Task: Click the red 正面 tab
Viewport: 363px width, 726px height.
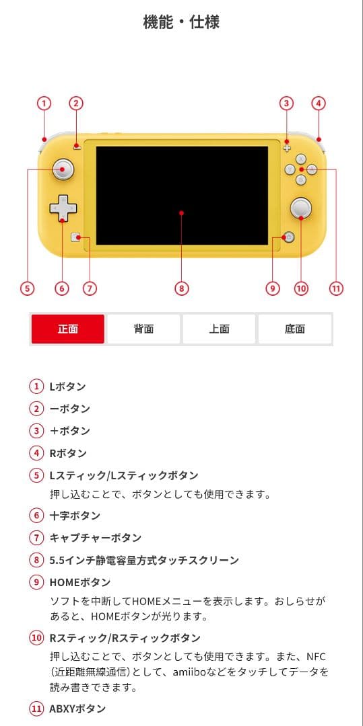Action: [x=68, y=329]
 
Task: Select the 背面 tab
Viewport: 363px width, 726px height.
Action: [x=143, y=329]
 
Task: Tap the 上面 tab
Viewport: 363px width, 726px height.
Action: [x=219, y=329]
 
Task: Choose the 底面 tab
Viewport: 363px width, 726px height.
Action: [x=295, y=329]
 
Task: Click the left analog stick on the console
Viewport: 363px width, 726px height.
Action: [x=63, y=169]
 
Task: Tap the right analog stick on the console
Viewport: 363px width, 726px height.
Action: [x=300, y=208]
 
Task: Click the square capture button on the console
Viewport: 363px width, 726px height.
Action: [x=76, y=237]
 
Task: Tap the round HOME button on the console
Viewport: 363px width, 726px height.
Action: [x=289, y=237]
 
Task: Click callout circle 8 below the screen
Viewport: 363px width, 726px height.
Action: [x=181, y=288]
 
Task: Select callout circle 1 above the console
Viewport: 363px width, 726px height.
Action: [x=44, y=104]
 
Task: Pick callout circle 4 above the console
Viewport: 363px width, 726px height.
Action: [x=319, y=104]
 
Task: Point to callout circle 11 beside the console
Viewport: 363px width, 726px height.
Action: [x=336, y=288]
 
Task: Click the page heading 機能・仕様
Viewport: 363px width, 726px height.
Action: [x=181, y=22]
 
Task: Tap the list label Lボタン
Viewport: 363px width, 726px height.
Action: [x=67, y=387]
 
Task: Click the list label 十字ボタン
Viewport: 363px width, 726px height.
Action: [x=75, y=516]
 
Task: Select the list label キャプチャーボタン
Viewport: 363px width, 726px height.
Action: [x=95, y=538]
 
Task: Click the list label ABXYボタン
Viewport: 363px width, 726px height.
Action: [x=77, y=709]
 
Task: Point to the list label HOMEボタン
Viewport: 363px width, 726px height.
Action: [x=79, y=582]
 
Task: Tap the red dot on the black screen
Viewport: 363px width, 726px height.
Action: [x=181, y=214]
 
